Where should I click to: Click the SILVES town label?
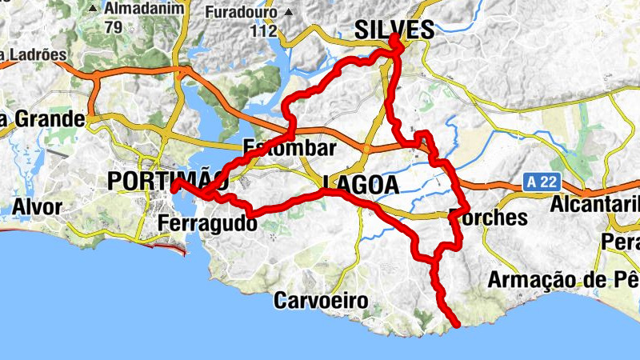click(394, 30)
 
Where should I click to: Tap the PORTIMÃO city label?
click(160, 181)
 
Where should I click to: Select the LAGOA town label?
click(361, 185)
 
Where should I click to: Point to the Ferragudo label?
click(208, 223)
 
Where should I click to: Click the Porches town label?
click(489, 217)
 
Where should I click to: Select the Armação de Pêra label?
click(563, 280)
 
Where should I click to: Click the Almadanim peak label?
click(144, 9)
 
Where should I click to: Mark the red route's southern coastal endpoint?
click(457, 325)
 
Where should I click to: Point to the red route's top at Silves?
click(394, 37)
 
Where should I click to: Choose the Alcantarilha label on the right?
click(595, 204)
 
